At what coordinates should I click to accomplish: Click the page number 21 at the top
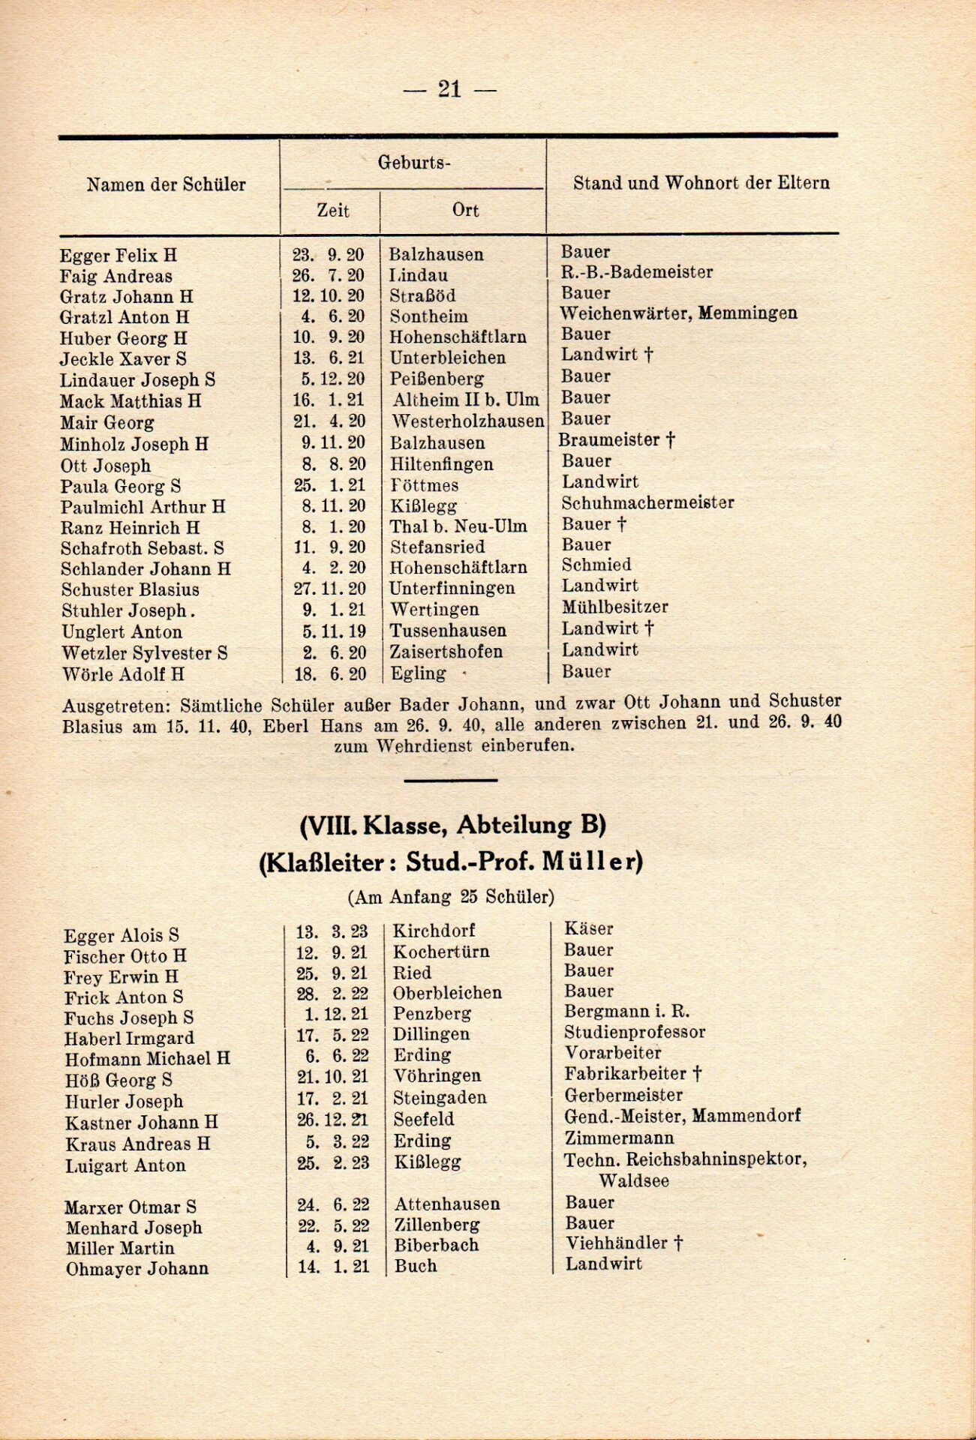[449, 89]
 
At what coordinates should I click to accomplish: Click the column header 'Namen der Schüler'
[166, 184]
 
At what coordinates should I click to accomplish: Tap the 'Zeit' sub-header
[332, 210]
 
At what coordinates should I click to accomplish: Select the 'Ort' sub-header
[465, 210]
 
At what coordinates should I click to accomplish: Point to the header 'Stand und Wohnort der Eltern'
[701, 183]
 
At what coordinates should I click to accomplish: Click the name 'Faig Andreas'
[116, 276]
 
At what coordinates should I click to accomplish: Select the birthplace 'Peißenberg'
[437, 379]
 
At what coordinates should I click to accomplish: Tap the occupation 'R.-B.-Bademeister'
[637, 272]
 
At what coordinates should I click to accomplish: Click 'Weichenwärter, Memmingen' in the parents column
[678, 313]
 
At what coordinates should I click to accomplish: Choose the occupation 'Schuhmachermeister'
[647, 502]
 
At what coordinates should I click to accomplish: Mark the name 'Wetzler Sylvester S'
[145, 653]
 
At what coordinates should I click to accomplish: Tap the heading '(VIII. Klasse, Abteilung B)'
[452, 826]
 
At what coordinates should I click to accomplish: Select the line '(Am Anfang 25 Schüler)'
[451, 897]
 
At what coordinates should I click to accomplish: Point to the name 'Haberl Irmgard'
[129, 1039]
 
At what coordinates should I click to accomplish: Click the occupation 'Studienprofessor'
[635, 1032]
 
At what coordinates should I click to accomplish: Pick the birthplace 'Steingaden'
[440, 1097]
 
